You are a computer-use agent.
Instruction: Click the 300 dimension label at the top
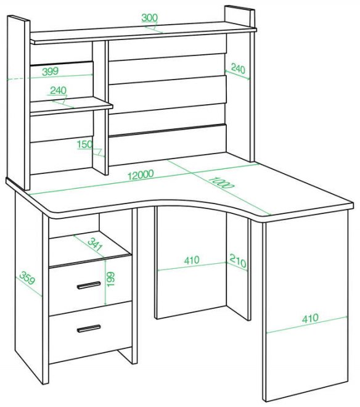pyautogui.click(x=150, y=18)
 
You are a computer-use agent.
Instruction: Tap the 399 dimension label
pyautogui.click(x=51, y=72)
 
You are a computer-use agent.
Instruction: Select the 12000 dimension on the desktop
pyautogui.click(x=141, y=175)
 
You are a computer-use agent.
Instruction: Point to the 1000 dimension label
pyautogui.click(x=221, y=182)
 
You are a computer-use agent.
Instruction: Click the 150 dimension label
pyautogui.click(x=85, y=144)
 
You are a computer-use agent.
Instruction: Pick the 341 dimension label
pyautogui.click(x=96, y=245)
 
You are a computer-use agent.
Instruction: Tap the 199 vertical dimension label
pyautogui.click(x=110, y=279)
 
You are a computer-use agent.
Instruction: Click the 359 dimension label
pyautogui.click(x=27, y=277)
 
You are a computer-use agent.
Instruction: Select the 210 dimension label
pyautogui.click(x=238, y=261)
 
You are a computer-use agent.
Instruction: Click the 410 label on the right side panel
pyautogui.click(x=310, y=318)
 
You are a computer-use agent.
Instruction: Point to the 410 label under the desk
pyautogui.click(x=192, y=260)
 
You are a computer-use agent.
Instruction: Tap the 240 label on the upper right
pyautogui.click(x=238, y=69)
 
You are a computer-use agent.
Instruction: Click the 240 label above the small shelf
pyautogui.click(x=58, y=91)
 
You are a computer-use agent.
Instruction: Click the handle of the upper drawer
pyautogui.click(x=89, y=285)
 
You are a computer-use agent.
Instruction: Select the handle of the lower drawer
pyautogui.click(x=89, y=328)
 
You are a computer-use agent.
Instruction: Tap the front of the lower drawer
pyautogui.click(x=90, y=332)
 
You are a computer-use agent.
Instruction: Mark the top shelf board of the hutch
pyautogui.click(x=143, y=33)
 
